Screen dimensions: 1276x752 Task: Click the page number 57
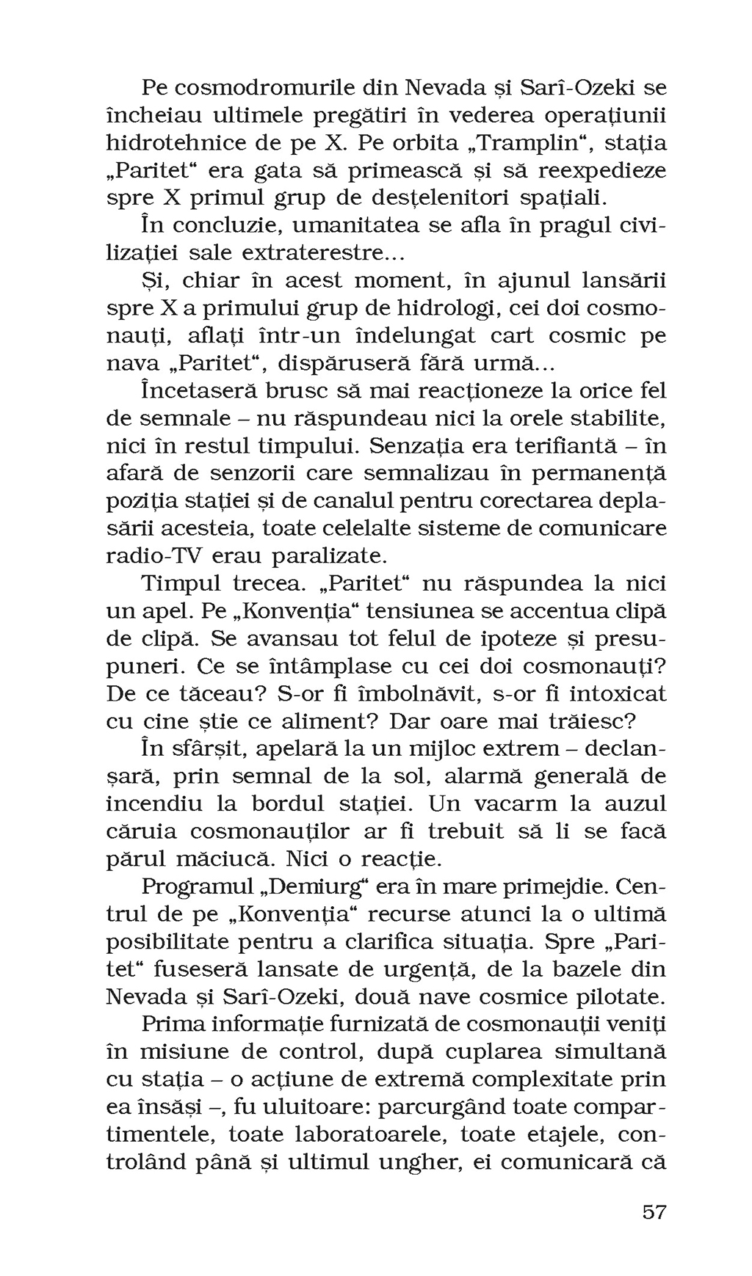654,1211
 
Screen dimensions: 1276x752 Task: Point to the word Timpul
181,584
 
